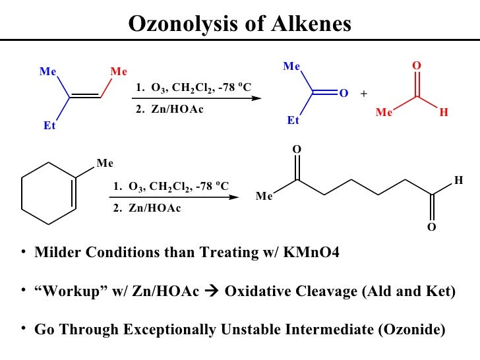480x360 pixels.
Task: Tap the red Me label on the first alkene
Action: pyautogui.click(x=119, y=72)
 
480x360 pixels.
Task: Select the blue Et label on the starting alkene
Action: pyautogui.click(x=49, y=126)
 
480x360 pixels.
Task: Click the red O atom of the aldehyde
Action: pyautogui.click(x=416, y=67)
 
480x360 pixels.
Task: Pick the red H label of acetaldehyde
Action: pyautogui.click(x=444, y=113)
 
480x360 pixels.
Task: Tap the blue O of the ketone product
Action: pyautogui.click(x=343, y=94)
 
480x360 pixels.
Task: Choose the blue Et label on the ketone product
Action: pyautogui.click(x=293, y=121)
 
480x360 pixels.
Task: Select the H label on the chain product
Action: pyautogui.click(x=459, y=179)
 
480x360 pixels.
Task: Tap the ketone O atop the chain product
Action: pyautogui.click(x=297, y=150)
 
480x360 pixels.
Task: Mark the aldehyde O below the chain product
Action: pyautogui.click(x=432, y=227)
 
